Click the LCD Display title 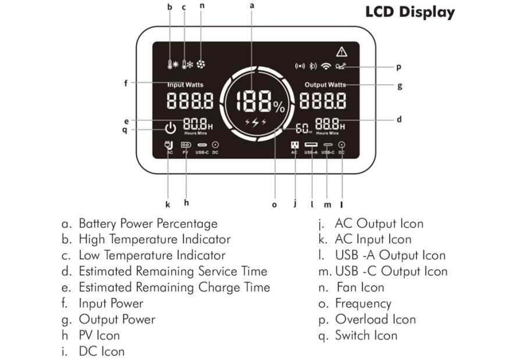(410, 12)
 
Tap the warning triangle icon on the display (341, 51)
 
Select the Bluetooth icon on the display (312, 66)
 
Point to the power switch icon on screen (170, 128)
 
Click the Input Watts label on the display (185, 85)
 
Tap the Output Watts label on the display (325, 85)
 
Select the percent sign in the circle (280, 106)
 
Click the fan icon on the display (202, 66)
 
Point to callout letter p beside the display (398, 67)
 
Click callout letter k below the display (168, 204)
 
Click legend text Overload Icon (375, 319)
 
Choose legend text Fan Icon (360, 287)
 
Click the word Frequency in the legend (363, 304)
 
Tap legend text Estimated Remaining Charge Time (174, 287)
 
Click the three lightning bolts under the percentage (255, 122)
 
